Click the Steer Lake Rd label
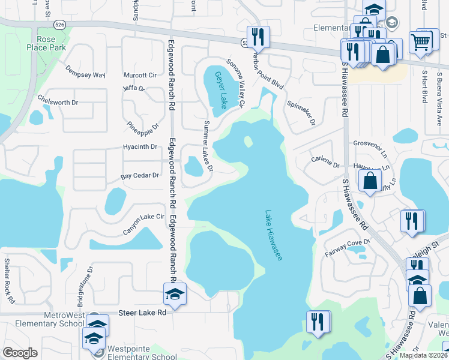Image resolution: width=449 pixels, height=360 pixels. (x=143, y=313)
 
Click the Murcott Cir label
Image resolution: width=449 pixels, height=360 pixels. (x=140, y=76)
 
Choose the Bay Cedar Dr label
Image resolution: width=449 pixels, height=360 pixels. (x=140, y=176)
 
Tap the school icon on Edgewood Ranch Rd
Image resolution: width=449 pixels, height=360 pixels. (x=175, y=293)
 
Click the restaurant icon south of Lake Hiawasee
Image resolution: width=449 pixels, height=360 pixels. (x=318, y=322)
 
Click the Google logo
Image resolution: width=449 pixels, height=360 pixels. (x=20, y=353)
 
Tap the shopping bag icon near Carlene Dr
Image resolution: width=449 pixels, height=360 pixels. (x=370, y=179)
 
